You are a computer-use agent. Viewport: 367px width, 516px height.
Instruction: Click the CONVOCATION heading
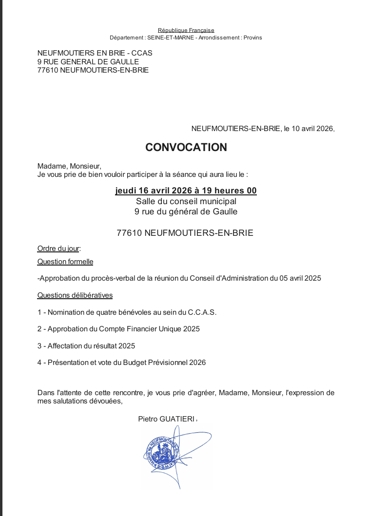[186, 147]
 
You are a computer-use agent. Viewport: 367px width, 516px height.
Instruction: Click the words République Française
[186, 30]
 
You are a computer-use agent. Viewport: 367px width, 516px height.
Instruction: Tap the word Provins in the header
[252, 38]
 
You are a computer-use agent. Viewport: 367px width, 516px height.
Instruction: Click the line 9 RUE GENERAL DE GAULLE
[88, 61]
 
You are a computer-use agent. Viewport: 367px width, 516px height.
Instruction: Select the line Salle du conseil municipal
[186, 201]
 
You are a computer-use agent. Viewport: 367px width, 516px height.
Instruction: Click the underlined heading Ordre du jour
[58, 248]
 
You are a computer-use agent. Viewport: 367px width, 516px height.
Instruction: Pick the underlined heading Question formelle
[65, 262]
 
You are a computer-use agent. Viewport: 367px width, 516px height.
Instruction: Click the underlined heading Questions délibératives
[75, 295]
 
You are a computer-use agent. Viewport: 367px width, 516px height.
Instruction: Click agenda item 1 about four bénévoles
[127, 312]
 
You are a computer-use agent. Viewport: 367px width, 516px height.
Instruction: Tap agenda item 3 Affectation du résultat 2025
[86, 346]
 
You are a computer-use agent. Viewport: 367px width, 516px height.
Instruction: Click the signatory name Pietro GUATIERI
[167, 419]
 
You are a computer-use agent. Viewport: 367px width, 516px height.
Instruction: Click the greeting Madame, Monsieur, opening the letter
[69, 166]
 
